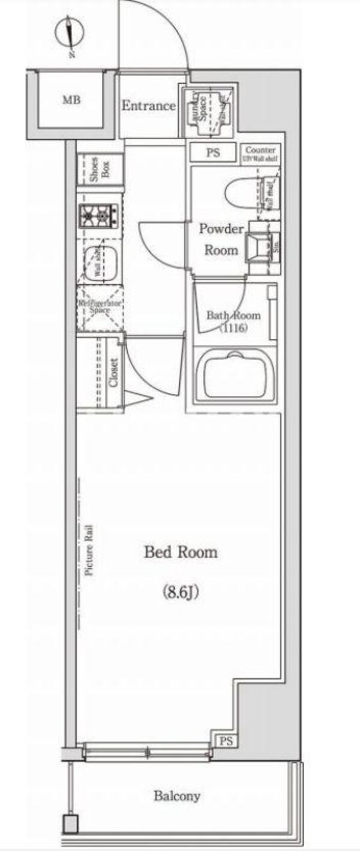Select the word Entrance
tap(148, 106)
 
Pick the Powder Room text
tap(221, 240)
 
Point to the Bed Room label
tap(180, 552)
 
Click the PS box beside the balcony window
tap(226, 741)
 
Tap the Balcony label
tap(177, 796)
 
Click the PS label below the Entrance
tap(214, 153)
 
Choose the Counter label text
tap(260, 150)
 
